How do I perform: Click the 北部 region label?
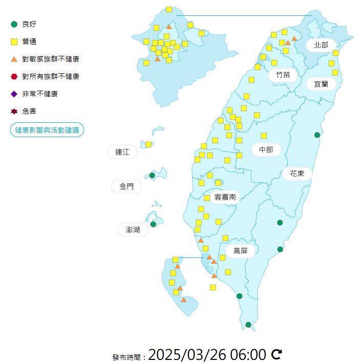[321, 45]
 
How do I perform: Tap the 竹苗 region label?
[283, 75]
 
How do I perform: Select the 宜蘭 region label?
[321, 83]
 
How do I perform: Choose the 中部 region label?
[266, 149]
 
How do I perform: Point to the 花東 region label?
[297, 174]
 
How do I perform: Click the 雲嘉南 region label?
[225, 197]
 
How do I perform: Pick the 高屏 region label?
[241, 250]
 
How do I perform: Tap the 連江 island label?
[122, 152]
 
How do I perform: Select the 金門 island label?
[126, 186]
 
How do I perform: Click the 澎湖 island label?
[133, 229]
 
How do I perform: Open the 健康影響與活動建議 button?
[47, 130]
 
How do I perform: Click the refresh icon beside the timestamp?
[277, 354]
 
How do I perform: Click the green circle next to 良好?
[14, 24]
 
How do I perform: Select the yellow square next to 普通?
[14, 41]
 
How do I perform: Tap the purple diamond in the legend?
[14, 94]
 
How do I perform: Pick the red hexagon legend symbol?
[14, 76]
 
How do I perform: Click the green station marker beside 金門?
[152, 176]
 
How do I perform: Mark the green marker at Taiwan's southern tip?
[248, 325]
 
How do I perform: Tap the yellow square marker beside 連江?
[149, 144]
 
